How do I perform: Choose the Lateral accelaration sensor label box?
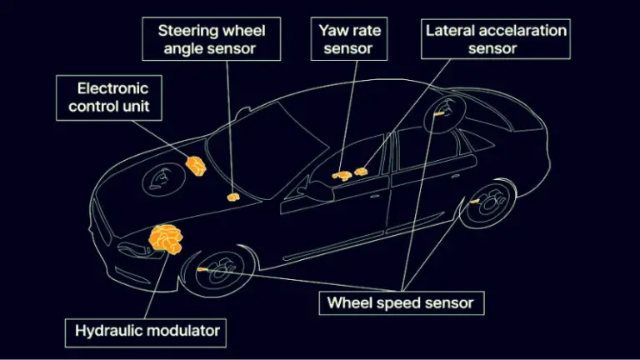pyautogui.click(x=495, y=39)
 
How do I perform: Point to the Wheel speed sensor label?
pyautogui.click(x=401, y=302)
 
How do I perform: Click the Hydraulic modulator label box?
pyautogui.click(x=147, y=331)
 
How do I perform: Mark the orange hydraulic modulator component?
pyautogui.click(x=167, y=240)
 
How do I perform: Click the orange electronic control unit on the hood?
pyautogui.click(x=196, y=166)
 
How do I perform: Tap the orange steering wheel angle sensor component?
pyautogui.click(x=234, y=197)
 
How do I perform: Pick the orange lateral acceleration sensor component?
pyautogui.click(x=361, y=172)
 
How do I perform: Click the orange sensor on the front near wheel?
pyautogui.click(x=202, y=270)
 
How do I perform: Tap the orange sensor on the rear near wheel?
pyautogui.click(x=473, y=202)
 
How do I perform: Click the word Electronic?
pyautogui.click(x=113, y=87)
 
